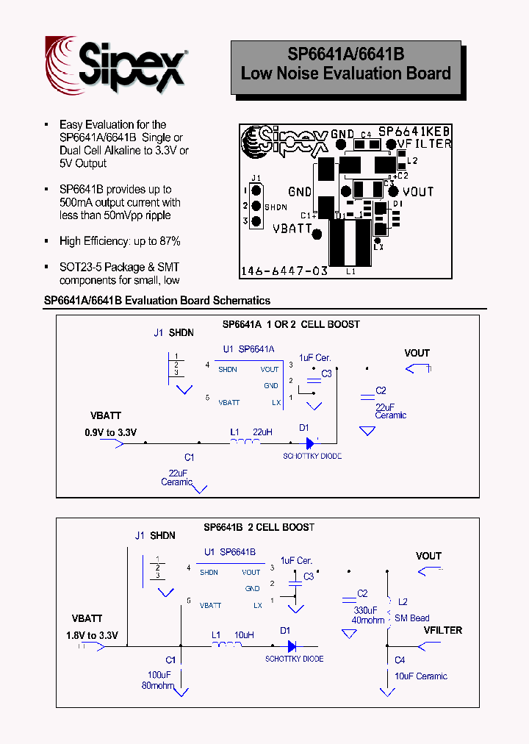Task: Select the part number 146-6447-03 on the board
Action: pos(284,271)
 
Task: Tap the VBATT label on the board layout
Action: pos(292,229)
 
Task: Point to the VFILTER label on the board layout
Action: pos(424,144)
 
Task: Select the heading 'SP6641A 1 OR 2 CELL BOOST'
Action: pos(291,324)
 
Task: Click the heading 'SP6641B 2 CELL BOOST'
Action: pos(259,527)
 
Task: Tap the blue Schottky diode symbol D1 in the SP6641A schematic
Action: pos(310,443)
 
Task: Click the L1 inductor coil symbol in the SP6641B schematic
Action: pos(227,646)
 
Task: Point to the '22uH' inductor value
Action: pos(262,432)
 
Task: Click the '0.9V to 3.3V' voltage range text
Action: pos(110,433)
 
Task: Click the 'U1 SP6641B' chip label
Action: pos(230,551)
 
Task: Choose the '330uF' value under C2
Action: pos(365,610)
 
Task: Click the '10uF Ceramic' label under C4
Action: pos(421,676)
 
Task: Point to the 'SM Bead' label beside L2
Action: pos(411,618)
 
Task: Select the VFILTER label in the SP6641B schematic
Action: pos(442,630)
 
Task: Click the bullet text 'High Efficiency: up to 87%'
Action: pos(120,241)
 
